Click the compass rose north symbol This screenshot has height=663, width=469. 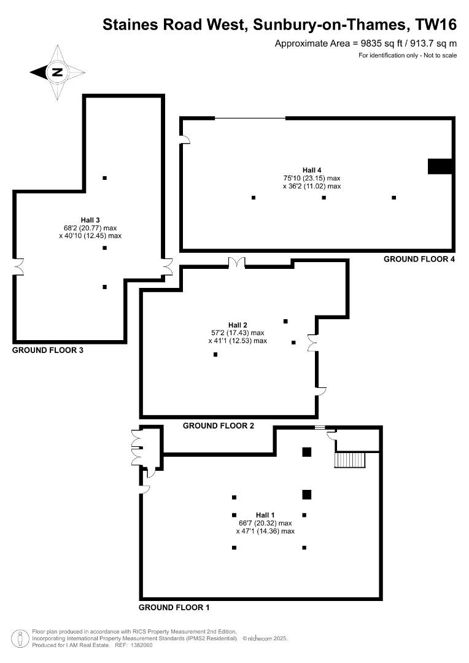(57, 72)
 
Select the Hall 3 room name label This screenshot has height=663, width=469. (90, 220)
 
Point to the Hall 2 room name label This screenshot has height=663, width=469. (237, 325)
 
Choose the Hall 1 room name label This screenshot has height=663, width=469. (265, 515)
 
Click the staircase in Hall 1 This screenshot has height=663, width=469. (350, 460)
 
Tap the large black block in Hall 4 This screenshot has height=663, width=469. (440, 166)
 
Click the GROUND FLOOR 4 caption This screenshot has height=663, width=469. (419, 259)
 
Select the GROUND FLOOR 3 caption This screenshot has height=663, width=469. (48, 350)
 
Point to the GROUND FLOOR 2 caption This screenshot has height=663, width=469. (218, 426)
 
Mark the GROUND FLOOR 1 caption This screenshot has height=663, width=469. (174, 608)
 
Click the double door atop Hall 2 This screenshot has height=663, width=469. (237, 263)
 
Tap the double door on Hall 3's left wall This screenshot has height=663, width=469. (18, 267)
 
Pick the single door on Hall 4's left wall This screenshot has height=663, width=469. (185, 139)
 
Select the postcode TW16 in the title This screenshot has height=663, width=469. (436, 25)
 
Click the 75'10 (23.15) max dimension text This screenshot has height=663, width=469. (312, 179)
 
